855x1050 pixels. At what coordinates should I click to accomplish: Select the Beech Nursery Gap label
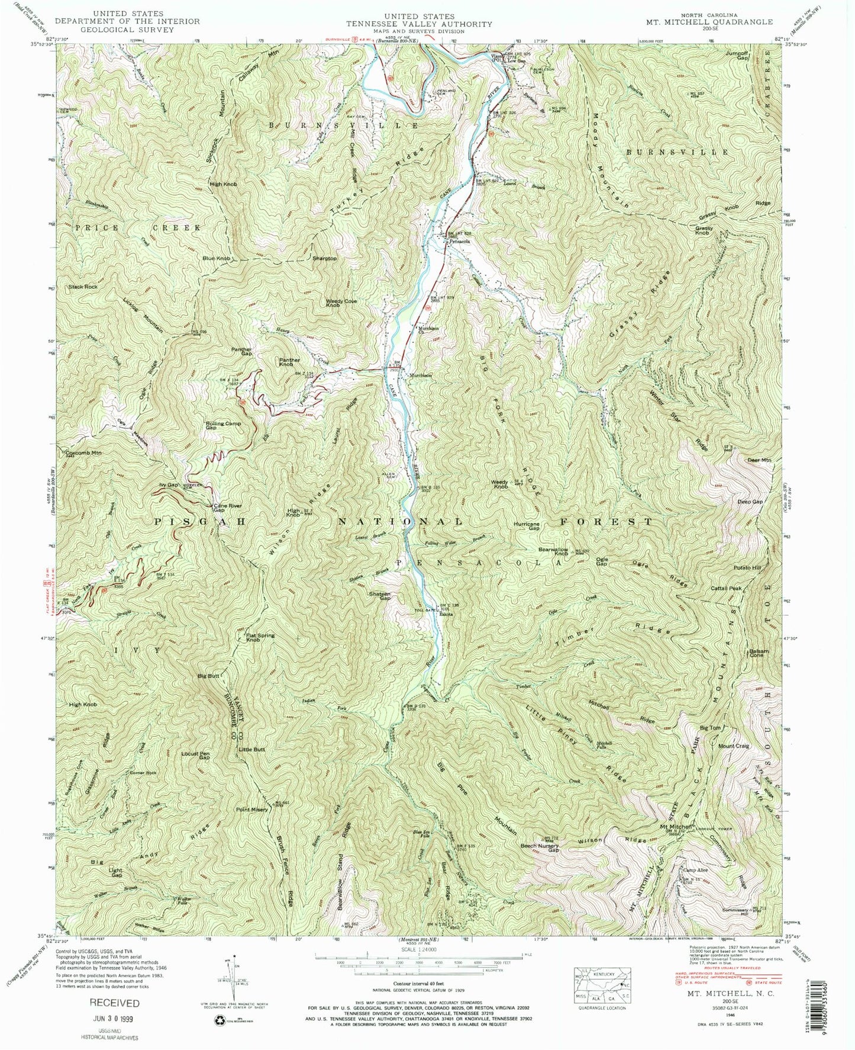pyautogui.click(x=538, y=849)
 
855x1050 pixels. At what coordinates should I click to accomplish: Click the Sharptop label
pyautogui.click(x=324, y=259)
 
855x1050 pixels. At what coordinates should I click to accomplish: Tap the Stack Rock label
pyautogui.click(x=82, y=287)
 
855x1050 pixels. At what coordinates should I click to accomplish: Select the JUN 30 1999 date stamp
pyautogui.click(x=114, y=1020)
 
